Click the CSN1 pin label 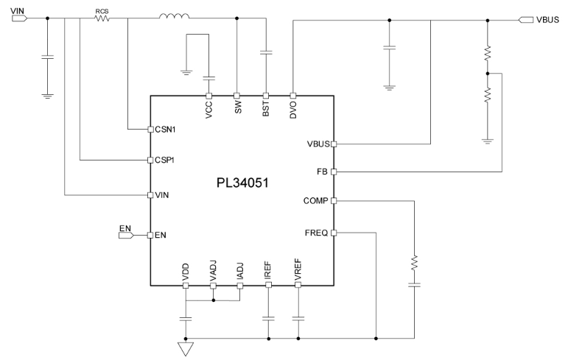166,130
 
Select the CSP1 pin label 166,160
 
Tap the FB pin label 321,172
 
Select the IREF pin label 267,272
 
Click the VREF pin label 298,272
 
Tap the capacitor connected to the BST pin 266,53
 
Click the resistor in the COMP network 414,261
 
